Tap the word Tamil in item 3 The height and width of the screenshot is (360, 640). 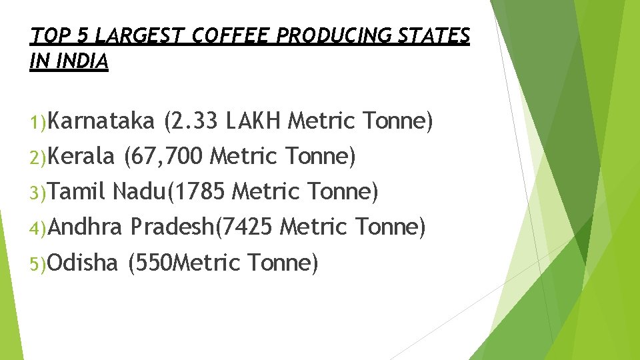coord(77,192)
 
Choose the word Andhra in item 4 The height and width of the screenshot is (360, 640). coord(85,227)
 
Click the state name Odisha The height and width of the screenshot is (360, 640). coord(83,263)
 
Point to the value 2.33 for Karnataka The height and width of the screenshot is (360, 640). coord(194,122)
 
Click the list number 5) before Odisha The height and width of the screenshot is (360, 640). coord(38,264)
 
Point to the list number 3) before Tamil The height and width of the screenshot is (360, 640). coord(38,193)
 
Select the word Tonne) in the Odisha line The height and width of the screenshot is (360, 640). coord(283,263)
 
